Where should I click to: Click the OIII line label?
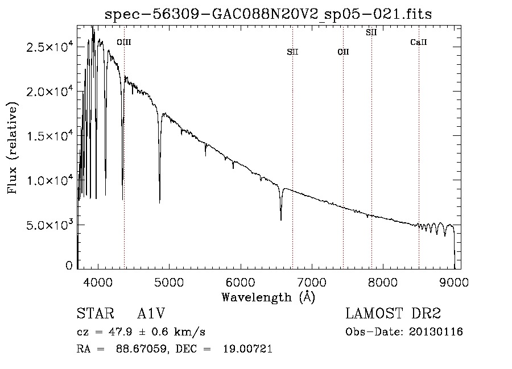124,42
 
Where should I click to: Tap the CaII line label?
419,42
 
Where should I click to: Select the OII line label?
343,52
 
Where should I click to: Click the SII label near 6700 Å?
292,52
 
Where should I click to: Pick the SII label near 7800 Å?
371,32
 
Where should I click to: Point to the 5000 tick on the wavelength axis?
169,283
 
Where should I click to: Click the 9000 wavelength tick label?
454,283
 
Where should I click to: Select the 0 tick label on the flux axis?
69,266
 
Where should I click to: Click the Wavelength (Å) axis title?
269,297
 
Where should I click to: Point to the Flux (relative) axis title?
13,148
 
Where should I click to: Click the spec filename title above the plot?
269,14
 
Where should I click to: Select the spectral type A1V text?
151,313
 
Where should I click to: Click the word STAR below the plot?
96,313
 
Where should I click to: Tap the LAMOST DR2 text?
393,313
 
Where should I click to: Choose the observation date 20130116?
436,332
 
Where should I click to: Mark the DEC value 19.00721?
247,349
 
